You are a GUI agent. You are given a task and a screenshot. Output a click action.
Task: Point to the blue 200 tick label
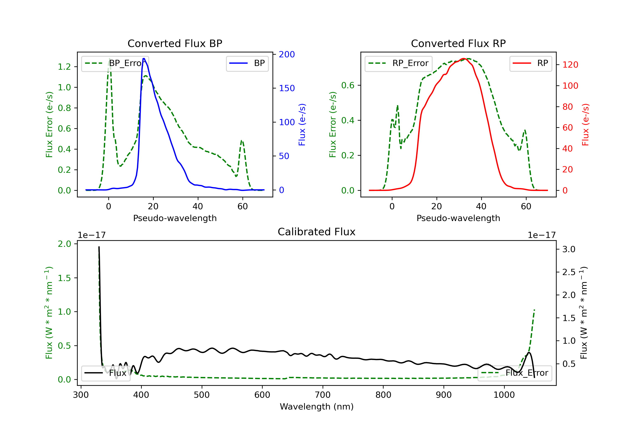click(287, 54)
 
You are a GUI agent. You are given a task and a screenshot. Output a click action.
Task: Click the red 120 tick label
click(570, 65)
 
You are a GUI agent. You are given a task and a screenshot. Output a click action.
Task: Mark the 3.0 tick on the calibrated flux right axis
click(569, 249)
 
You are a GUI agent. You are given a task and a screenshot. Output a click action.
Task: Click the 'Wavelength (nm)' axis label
click(317, 407)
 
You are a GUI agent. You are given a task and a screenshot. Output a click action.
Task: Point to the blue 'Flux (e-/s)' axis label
click(302, 125)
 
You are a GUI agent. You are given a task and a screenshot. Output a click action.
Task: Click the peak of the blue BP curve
click(144, 59)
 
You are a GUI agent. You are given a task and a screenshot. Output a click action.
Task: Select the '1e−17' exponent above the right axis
click(542, 235)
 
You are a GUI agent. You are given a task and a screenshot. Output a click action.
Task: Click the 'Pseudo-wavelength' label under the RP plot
click(458, 218)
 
